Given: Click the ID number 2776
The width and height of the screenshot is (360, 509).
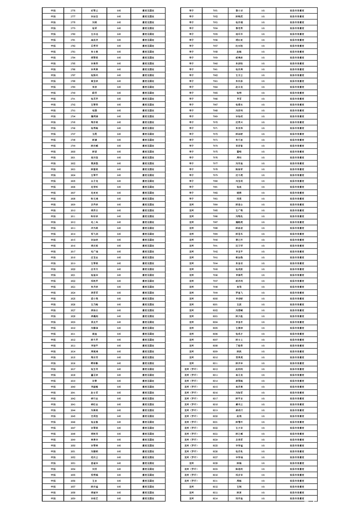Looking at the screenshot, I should tap(73, 10).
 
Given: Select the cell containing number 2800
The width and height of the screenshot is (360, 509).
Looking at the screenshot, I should tap(73, 152).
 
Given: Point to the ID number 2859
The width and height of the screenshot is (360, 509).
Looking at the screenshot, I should tap(73, 498).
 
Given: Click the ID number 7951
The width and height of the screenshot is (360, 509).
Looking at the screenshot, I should tap(215, 10).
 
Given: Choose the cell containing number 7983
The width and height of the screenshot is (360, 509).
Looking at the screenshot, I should tap(215, 199).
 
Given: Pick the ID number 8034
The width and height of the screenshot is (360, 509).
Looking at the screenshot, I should tap(215, 498).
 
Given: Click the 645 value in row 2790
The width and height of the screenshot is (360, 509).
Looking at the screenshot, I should tap(119, 93).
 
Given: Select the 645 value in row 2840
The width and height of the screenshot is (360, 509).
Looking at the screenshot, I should tap(119, 387).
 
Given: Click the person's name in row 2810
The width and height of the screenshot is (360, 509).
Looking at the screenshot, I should tap(94, 210).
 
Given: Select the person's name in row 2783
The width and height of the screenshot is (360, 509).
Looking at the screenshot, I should tap(94, 51).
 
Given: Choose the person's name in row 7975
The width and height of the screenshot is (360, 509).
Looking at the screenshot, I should tap(239, 152).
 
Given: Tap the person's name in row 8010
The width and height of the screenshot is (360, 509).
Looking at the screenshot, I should tap(239, 357).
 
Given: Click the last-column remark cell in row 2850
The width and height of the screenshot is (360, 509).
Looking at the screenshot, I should tap(148, 445).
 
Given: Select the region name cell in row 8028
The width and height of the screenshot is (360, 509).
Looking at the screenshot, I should tap(191, 463).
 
